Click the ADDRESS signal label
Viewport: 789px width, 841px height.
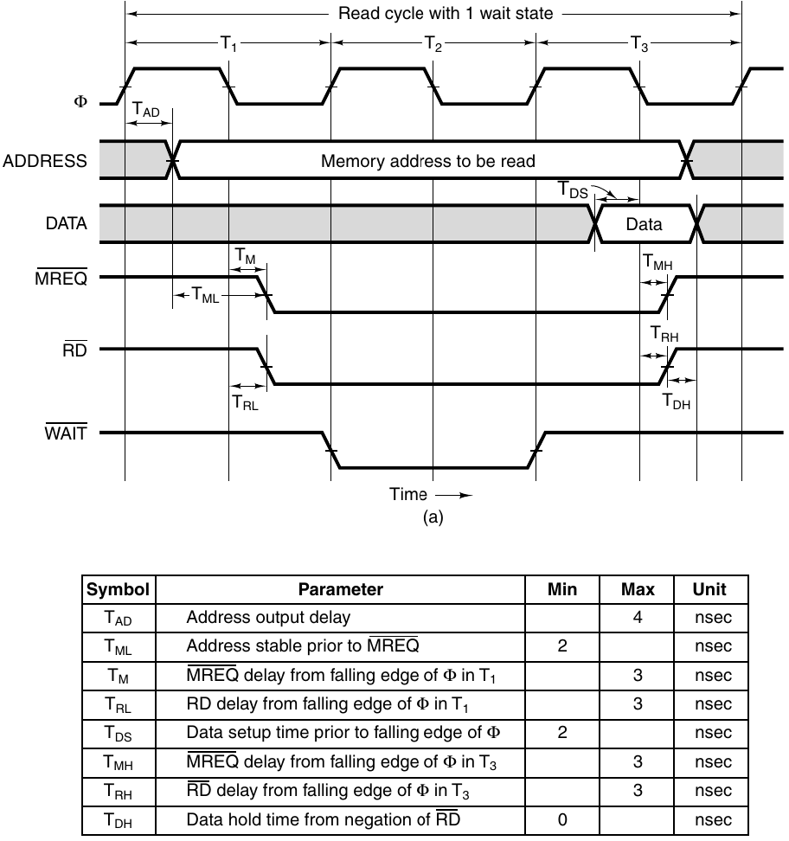pyautogui.click(x=44, y=161)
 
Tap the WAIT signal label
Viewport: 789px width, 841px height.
pyautogui.click(x=66, y=433)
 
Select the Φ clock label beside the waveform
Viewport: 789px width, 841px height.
pyautogui.click(x=80, y=102)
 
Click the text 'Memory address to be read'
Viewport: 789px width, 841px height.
pyautogui.click(x=427, y=161)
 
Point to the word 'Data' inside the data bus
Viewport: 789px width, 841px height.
pyautogui.click(x=644, y=225)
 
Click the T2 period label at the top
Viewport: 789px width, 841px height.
pyautogui.click(x=433, y=45)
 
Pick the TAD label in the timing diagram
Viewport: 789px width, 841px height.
pyautogui.click(x=145, y=110)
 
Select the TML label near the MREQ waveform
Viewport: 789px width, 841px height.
pyautogui.click(x=205, y=298)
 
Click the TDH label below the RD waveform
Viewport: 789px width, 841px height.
pyautogui.click(x=677, y=401)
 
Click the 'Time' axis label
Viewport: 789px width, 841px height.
pyautogui.click(x=408, y=495)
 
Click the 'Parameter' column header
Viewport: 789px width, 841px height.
pyautogui.click(x=340, y=590)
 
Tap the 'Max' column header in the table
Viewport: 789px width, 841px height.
pyautogui.click(x=638, y=590)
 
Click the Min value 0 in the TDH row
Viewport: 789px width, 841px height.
pyautogui.click(x=562, y=819)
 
